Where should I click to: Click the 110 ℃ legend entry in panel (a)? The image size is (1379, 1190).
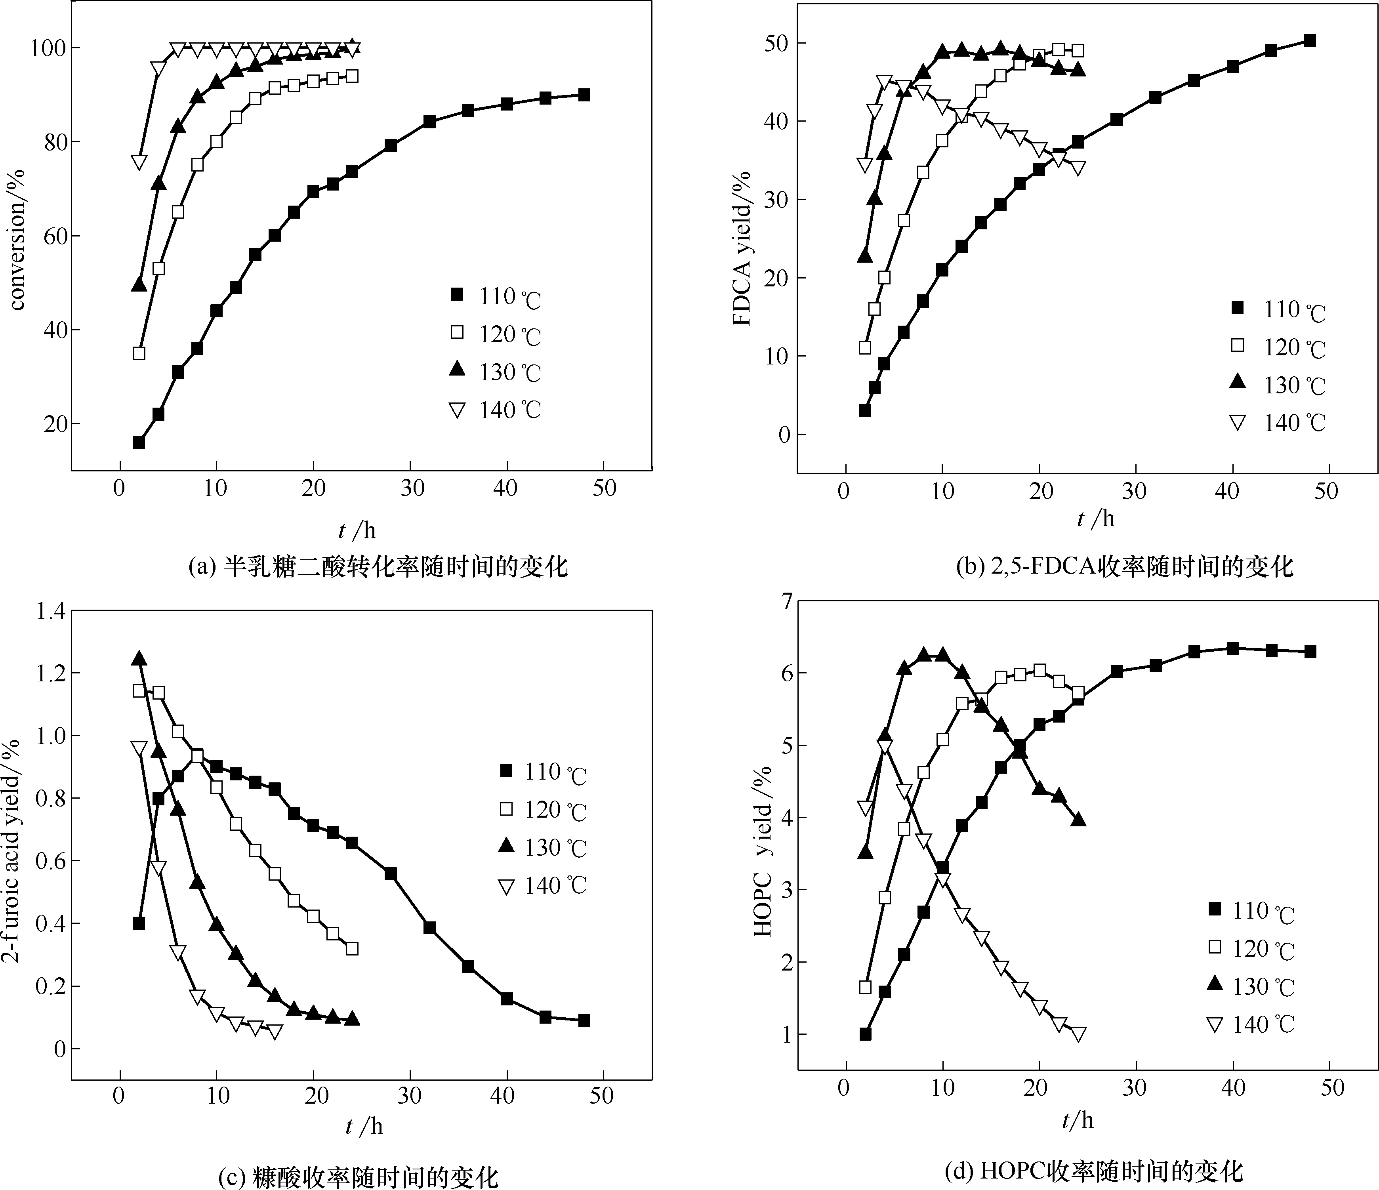[496, 296]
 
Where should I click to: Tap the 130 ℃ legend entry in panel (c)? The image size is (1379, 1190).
[542, 847]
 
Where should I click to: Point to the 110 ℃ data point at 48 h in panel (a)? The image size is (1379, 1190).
[584, 95]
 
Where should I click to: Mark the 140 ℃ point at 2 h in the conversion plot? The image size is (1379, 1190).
[139, 162]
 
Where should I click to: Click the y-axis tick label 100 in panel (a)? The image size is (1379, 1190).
[47, 48]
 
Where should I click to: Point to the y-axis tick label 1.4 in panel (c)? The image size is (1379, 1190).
[50, 611]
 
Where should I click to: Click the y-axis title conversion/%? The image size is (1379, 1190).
[18, 240]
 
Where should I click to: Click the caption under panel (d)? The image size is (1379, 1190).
[1093, 1171]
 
